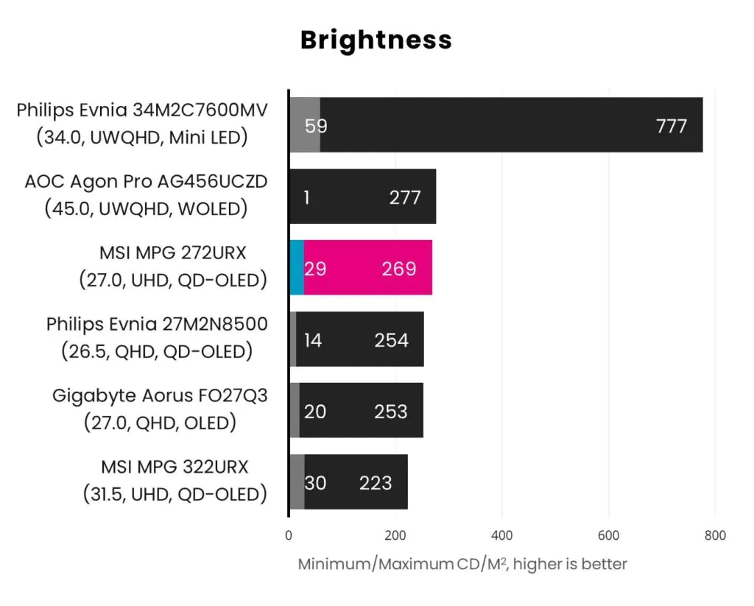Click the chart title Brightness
pos(376,40)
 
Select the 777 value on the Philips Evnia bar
pos(671,126)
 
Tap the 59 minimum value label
pos(316,126)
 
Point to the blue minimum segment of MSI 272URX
pos(296,268)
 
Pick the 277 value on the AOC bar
pos(404,197)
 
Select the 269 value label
pos(399,269)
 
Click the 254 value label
pos(391,340)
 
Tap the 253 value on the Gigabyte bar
pos(390,411)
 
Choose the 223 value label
pos(376,483)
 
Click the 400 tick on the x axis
pos(501,536)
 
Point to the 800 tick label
pos(714,536)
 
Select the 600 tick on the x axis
pos(608,536)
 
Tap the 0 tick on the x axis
pos(289,536)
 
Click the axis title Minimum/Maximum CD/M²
pos(462,565)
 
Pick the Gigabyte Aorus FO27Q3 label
pos(160,396)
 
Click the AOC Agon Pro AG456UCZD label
pos(146,182)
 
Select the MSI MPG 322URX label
pos(175,467)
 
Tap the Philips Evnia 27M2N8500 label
pos(157,325)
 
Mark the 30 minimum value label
pos(315,483)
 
